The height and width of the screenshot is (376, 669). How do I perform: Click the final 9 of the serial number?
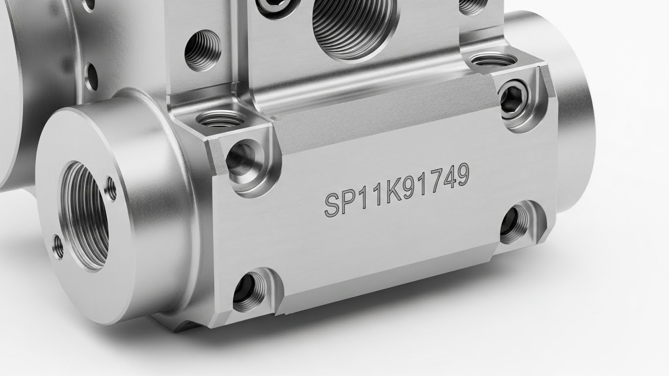point(462,175)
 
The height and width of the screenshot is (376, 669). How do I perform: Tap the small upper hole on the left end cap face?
point(111,188)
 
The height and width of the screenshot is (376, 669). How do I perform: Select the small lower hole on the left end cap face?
point(58,247)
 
